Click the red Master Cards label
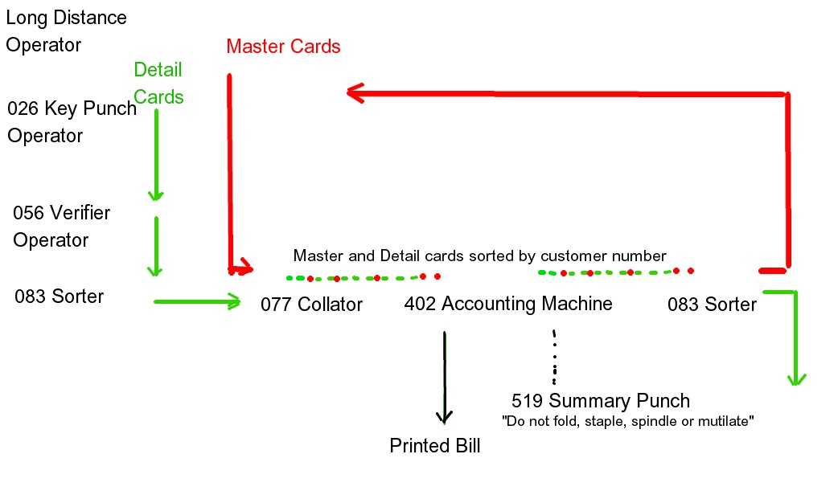point(283,47)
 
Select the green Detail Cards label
point(158,84)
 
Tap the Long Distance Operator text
point(66,31)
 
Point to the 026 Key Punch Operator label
point(72,121)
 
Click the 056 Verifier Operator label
point(61,227)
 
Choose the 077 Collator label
point(311,305)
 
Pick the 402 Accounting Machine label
point(508,304)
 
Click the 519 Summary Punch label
point(600,401)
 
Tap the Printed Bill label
point(434,446)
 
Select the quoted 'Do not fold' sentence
point(627,421)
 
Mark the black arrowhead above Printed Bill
point(444,416)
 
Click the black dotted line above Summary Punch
point(554,356)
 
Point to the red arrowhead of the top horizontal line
point(354,93)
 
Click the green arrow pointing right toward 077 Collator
point(197,301)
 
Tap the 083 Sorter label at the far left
point(59,297)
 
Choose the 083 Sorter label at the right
point(712,305)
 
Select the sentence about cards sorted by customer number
point(479,256)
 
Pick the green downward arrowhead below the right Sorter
point(795,378)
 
